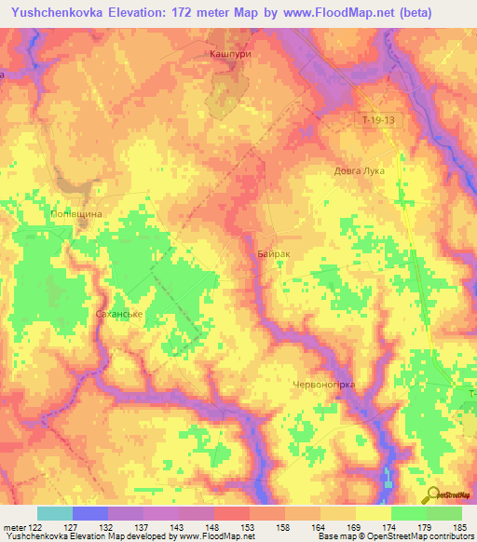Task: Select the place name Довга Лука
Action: pos(360,171)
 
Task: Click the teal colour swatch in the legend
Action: pos(54,513)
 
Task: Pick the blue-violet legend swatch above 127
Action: pos(89,513)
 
